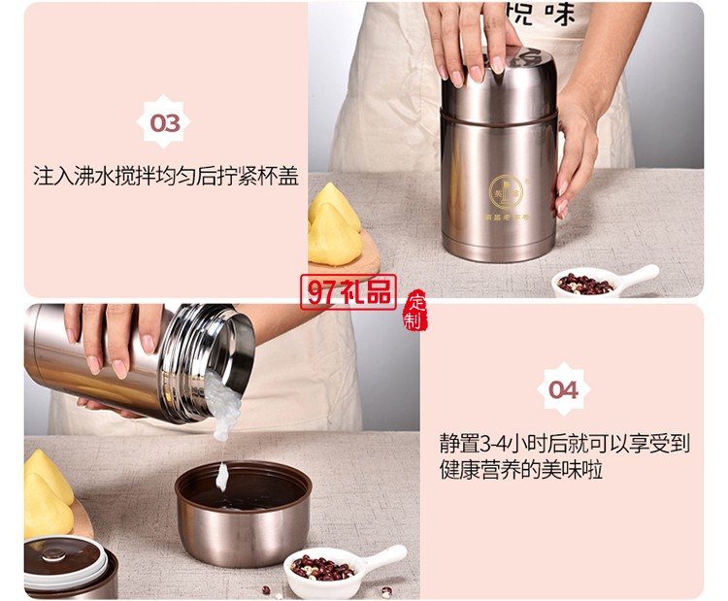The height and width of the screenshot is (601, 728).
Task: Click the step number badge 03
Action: point(165,122)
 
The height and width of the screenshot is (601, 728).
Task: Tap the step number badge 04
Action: point(563,389)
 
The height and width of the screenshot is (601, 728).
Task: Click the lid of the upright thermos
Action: point(497,82)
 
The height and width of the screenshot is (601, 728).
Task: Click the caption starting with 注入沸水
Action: point(165,178)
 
